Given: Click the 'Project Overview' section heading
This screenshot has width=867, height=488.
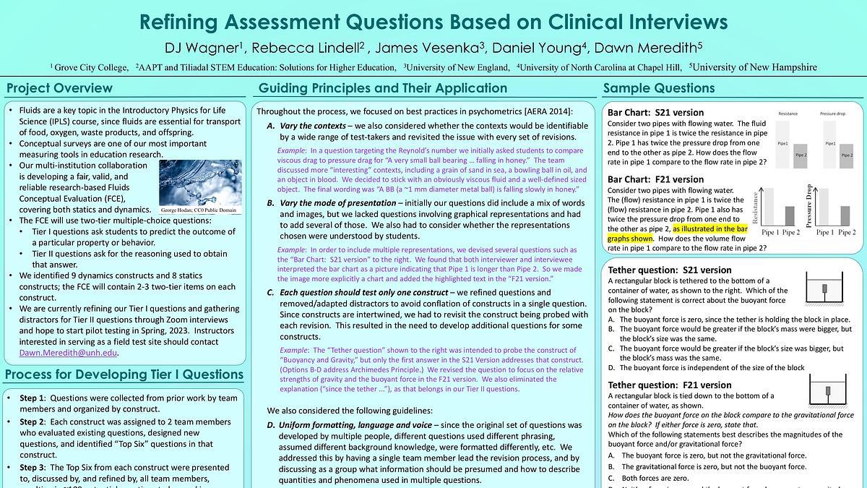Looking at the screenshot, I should tap(59, 89).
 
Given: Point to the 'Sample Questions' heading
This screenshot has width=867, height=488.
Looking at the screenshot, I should tap(659, 89).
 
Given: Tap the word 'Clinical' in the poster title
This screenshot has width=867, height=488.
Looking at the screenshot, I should tap(577, 21).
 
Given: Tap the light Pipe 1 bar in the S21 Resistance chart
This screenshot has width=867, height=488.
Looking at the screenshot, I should tap(783, 143).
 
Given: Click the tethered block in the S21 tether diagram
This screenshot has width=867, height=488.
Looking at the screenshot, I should tap(824, 289).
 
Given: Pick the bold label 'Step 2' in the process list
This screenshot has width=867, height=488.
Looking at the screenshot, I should tap(33, 422).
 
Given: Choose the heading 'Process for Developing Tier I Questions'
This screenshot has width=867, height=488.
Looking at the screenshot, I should tap(124, 374).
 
